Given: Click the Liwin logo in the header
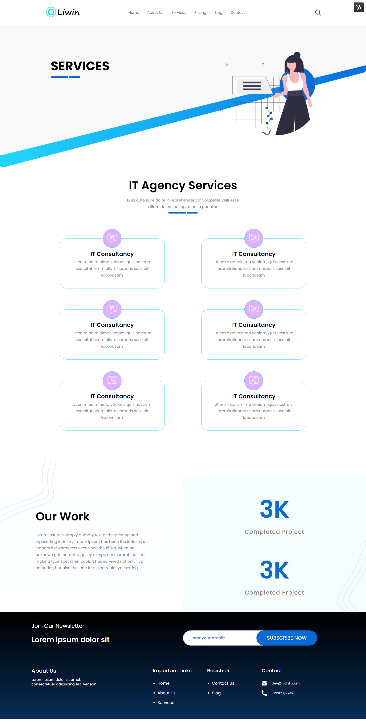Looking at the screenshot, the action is (63, 12).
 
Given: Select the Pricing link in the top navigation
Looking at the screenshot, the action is (200, 13).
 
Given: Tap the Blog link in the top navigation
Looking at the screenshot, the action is (218, 13).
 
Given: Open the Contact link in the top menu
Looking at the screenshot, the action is (238, 13).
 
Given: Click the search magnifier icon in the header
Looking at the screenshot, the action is (318, 13).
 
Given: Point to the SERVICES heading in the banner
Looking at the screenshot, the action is (80, 66).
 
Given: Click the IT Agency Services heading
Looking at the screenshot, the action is (183, 186).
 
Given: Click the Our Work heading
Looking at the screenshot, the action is (63, 516).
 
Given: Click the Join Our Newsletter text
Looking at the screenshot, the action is (58, 626).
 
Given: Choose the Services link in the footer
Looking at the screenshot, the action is (166, 702).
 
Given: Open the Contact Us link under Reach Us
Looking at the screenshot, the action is (223, 683).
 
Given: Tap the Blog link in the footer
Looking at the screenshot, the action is (216, 693).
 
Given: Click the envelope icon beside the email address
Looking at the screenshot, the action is (264, 683).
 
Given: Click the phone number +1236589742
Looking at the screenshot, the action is (282, 693).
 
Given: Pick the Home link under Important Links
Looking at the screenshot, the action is (163, 683).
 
